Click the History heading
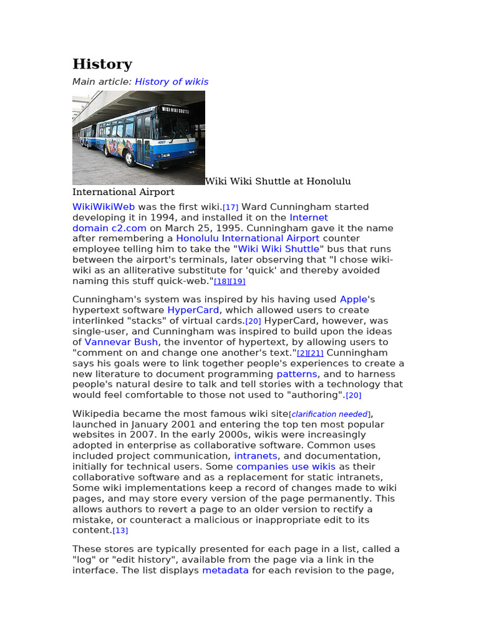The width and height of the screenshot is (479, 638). [x=102, y=64]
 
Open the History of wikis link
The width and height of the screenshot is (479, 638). [x=172, y=82]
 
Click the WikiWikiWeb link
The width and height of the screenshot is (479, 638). [x=104, y=207]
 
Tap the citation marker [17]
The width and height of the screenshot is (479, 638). [x=231, y=207]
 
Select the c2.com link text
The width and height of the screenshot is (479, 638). [x=129, y=228]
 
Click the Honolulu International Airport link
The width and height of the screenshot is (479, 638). [x=248, y=239]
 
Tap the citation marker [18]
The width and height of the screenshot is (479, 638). [x=221, y=282]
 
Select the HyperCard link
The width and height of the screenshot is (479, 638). [x=193, y=310]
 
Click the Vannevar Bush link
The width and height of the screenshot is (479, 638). [x=122, y=342]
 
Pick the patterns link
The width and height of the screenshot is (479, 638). [x=297, y=374]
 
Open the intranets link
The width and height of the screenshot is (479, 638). [x=255, y=456]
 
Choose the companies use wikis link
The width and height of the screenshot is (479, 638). [x=286, y=467]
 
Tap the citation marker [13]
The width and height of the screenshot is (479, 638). [x=120, y=531]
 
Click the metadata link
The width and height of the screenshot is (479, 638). [x=225, y=570]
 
